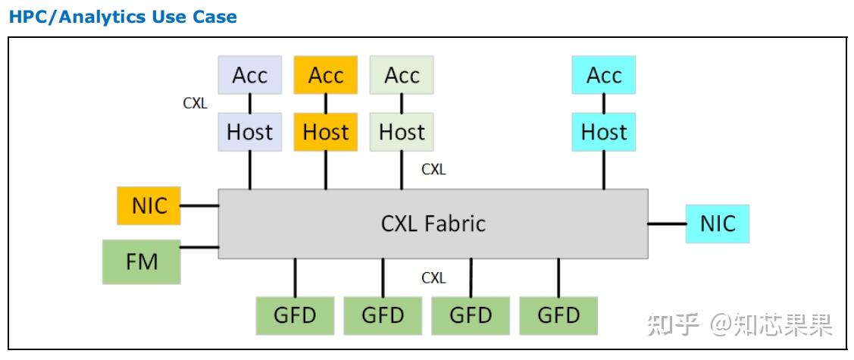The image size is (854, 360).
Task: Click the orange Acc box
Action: point(326,75)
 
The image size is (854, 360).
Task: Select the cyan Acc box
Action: point(604,75)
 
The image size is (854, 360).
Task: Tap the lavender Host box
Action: point(249,132)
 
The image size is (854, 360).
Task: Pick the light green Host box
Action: point(402,132)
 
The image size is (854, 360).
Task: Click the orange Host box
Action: point(326,132)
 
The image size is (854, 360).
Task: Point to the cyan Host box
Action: point(604,132)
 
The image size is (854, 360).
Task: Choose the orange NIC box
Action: point(149,205)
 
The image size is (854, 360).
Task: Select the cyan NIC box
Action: point(717,224)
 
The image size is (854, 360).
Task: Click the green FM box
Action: point(142,261)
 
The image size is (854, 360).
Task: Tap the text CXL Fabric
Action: point(433,224)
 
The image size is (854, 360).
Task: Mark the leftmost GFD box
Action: point(295,315)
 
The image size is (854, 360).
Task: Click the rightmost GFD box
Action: point(558,315)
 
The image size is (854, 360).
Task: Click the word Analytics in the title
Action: point(117,17)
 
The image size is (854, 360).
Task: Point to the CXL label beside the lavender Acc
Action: point(195,104)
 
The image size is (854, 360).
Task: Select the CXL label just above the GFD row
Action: point(433,278)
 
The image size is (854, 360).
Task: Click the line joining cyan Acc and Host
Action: point(604,103)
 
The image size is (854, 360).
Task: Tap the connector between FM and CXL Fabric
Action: point(199,247)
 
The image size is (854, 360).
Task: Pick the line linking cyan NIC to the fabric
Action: point(667,224)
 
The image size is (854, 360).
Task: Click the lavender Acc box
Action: point(249,75)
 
